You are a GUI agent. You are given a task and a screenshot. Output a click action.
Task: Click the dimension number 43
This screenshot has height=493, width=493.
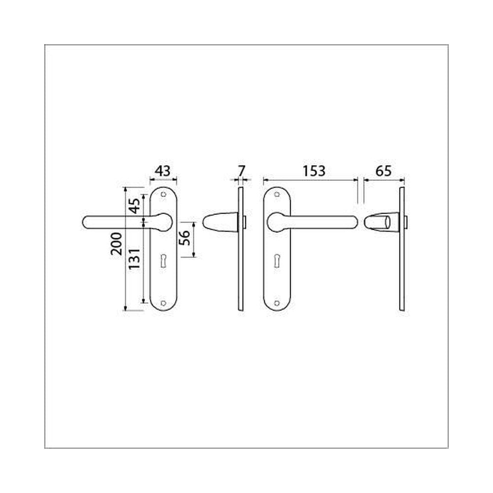[163, 171]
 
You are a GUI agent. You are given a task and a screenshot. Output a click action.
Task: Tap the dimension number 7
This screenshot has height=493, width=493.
[241, 171]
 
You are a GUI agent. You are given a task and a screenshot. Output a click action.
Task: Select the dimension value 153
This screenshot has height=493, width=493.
[314, 171]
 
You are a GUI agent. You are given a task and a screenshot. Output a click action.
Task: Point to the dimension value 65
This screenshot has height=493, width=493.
[384, 171]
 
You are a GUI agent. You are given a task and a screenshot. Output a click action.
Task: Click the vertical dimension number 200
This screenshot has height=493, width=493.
[116, 244]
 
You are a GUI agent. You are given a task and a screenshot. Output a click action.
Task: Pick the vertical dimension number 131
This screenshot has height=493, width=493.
[134, 258]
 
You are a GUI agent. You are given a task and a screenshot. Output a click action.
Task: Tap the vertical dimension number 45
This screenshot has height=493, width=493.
[134, 206]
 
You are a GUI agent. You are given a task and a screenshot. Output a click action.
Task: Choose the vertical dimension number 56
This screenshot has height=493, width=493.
[184, 238]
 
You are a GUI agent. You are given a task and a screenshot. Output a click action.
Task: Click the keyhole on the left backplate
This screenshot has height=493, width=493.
[163, 261]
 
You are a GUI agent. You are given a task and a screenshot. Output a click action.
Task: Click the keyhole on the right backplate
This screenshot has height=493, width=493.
[277, 261]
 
